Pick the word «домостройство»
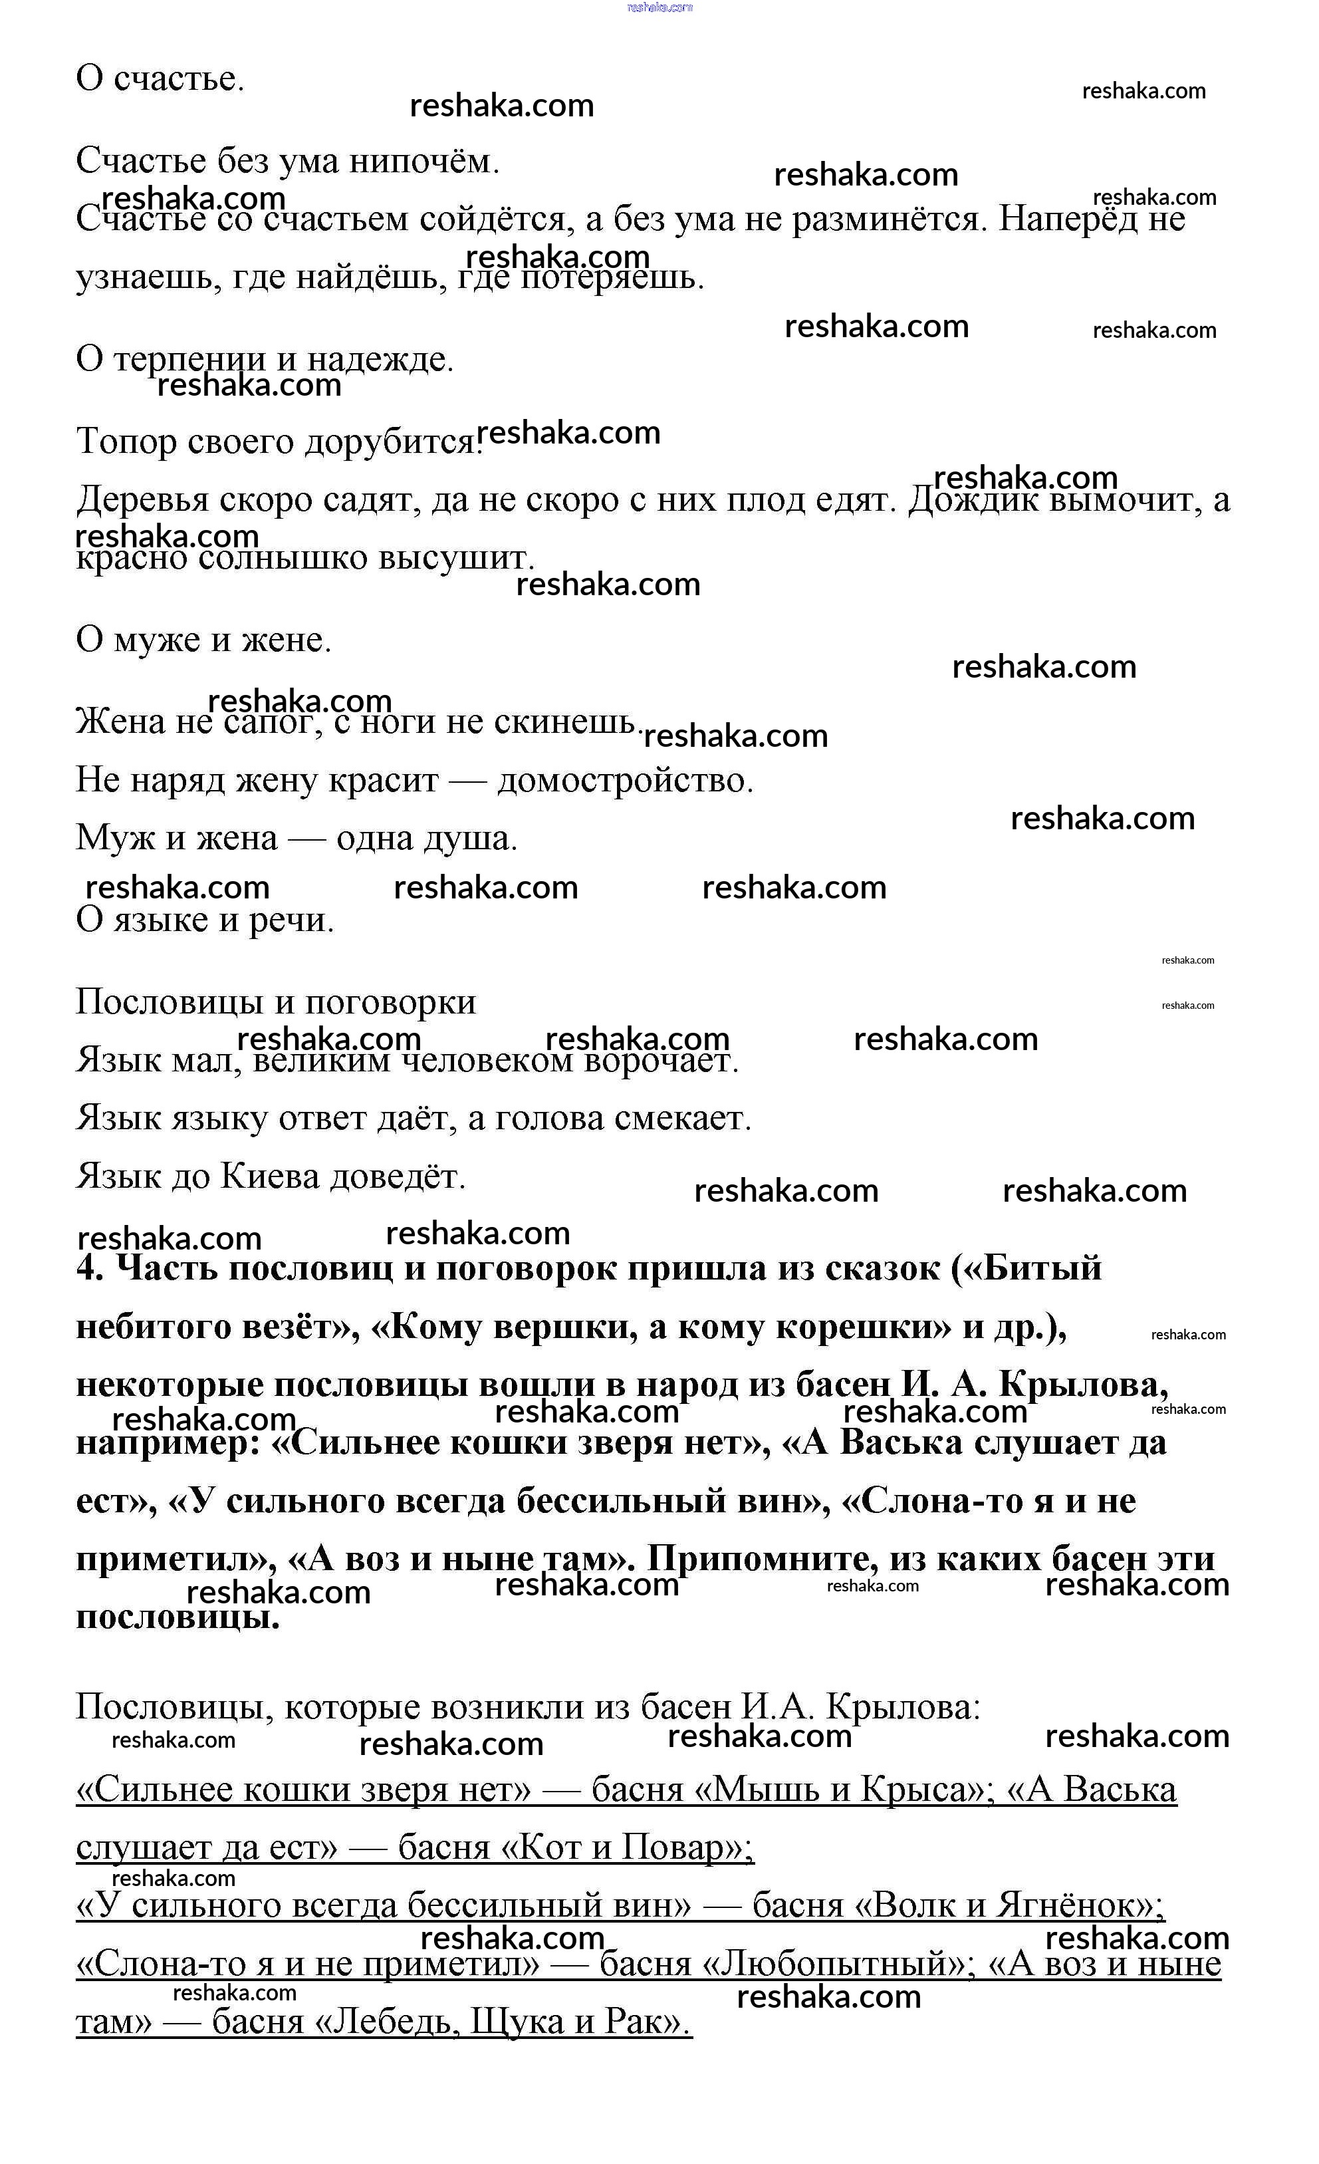[x=625, y=780]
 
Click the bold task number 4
[x=88, y=1268]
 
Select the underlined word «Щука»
[x=518, y=2021]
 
